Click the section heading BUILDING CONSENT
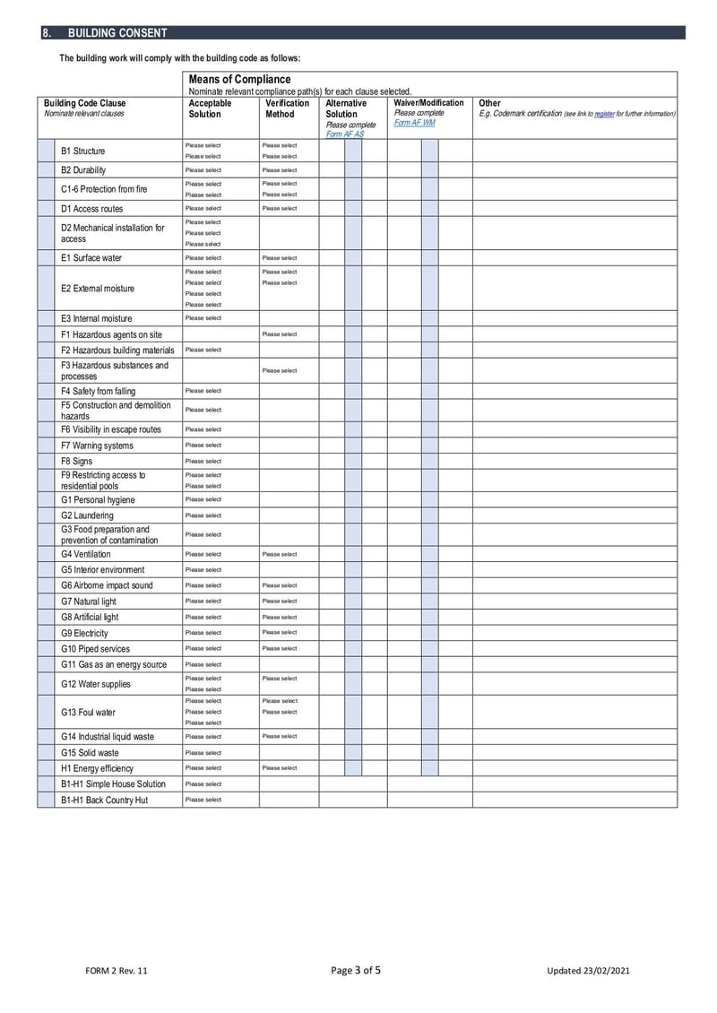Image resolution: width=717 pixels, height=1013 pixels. (x=117, y=33)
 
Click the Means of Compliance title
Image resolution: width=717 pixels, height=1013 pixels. (x=239, y=80)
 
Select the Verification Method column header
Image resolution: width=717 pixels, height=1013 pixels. (x=288, y=108)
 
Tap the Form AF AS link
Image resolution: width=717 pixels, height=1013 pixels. (x=345, y=134)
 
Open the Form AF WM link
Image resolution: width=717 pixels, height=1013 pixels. (x=414, y=123)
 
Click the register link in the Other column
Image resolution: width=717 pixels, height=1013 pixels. (x=604, y=114)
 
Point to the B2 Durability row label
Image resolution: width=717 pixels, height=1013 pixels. (x=83, y=170)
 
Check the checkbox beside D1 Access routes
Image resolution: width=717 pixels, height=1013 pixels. (x=46, y=209)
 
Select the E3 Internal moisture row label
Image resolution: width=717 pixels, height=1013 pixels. (x=96, y=318)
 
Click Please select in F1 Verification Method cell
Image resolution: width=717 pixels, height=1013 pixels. (x=280, y=334)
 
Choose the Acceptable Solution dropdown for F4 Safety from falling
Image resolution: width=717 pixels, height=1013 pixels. (x=203, y=391)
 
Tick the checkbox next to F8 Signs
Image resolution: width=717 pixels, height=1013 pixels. (x=46, y=462)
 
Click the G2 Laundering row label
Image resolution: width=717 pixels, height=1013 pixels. (x=87, y=515)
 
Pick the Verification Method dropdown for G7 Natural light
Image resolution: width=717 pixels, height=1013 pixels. (x=280, y=602)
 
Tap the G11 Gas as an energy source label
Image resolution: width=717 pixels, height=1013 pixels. (x=114, y=664)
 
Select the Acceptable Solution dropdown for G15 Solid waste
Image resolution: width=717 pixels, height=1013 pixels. (x=203, y=753)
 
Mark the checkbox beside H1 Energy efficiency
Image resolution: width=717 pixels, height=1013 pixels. (x=46, y=768)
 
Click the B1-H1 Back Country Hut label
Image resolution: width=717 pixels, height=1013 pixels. (x=104, y=800)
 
